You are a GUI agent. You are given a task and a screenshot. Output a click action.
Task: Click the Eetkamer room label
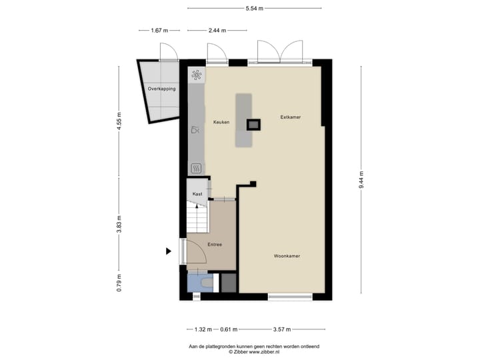290,117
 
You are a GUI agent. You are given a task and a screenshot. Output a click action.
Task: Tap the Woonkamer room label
286,256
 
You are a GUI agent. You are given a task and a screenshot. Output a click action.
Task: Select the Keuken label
221,123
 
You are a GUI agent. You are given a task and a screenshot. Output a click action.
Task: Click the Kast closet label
197,193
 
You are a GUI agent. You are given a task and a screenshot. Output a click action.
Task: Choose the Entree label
214,245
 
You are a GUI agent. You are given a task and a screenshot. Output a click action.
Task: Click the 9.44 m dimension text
361,179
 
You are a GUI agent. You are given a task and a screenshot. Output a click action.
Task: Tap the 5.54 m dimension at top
254,8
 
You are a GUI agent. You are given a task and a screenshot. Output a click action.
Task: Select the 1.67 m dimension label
159,31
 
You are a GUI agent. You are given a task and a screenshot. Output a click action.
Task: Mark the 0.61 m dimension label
229,329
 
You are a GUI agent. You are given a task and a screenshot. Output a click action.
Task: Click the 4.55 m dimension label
119,122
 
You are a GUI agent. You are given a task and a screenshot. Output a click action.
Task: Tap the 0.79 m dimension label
119,283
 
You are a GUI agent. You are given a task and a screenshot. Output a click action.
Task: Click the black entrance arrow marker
169,251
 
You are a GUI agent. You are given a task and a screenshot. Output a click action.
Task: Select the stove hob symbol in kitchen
197,75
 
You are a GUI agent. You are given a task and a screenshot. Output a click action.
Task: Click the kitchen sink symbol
196,130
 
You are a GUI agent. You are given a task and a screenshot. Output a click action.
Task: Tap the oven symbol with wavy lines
197,167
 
